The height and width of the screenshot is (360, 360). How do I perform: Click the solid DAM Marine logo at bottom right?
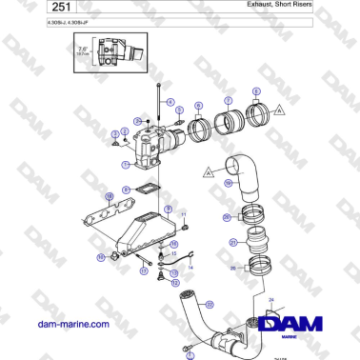pyautogui.click(x=296, y=328)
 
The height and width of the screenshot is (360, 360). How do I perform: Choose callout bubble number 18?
pyautogui.click(x=109, y=195)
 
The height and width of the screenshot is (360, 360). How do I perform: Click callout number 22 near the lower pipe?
pyautogui.click(x=210, y=305)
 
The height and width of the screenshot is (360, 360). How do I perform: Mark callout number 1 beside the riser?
pyautogui.click(x=125, y=163)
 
